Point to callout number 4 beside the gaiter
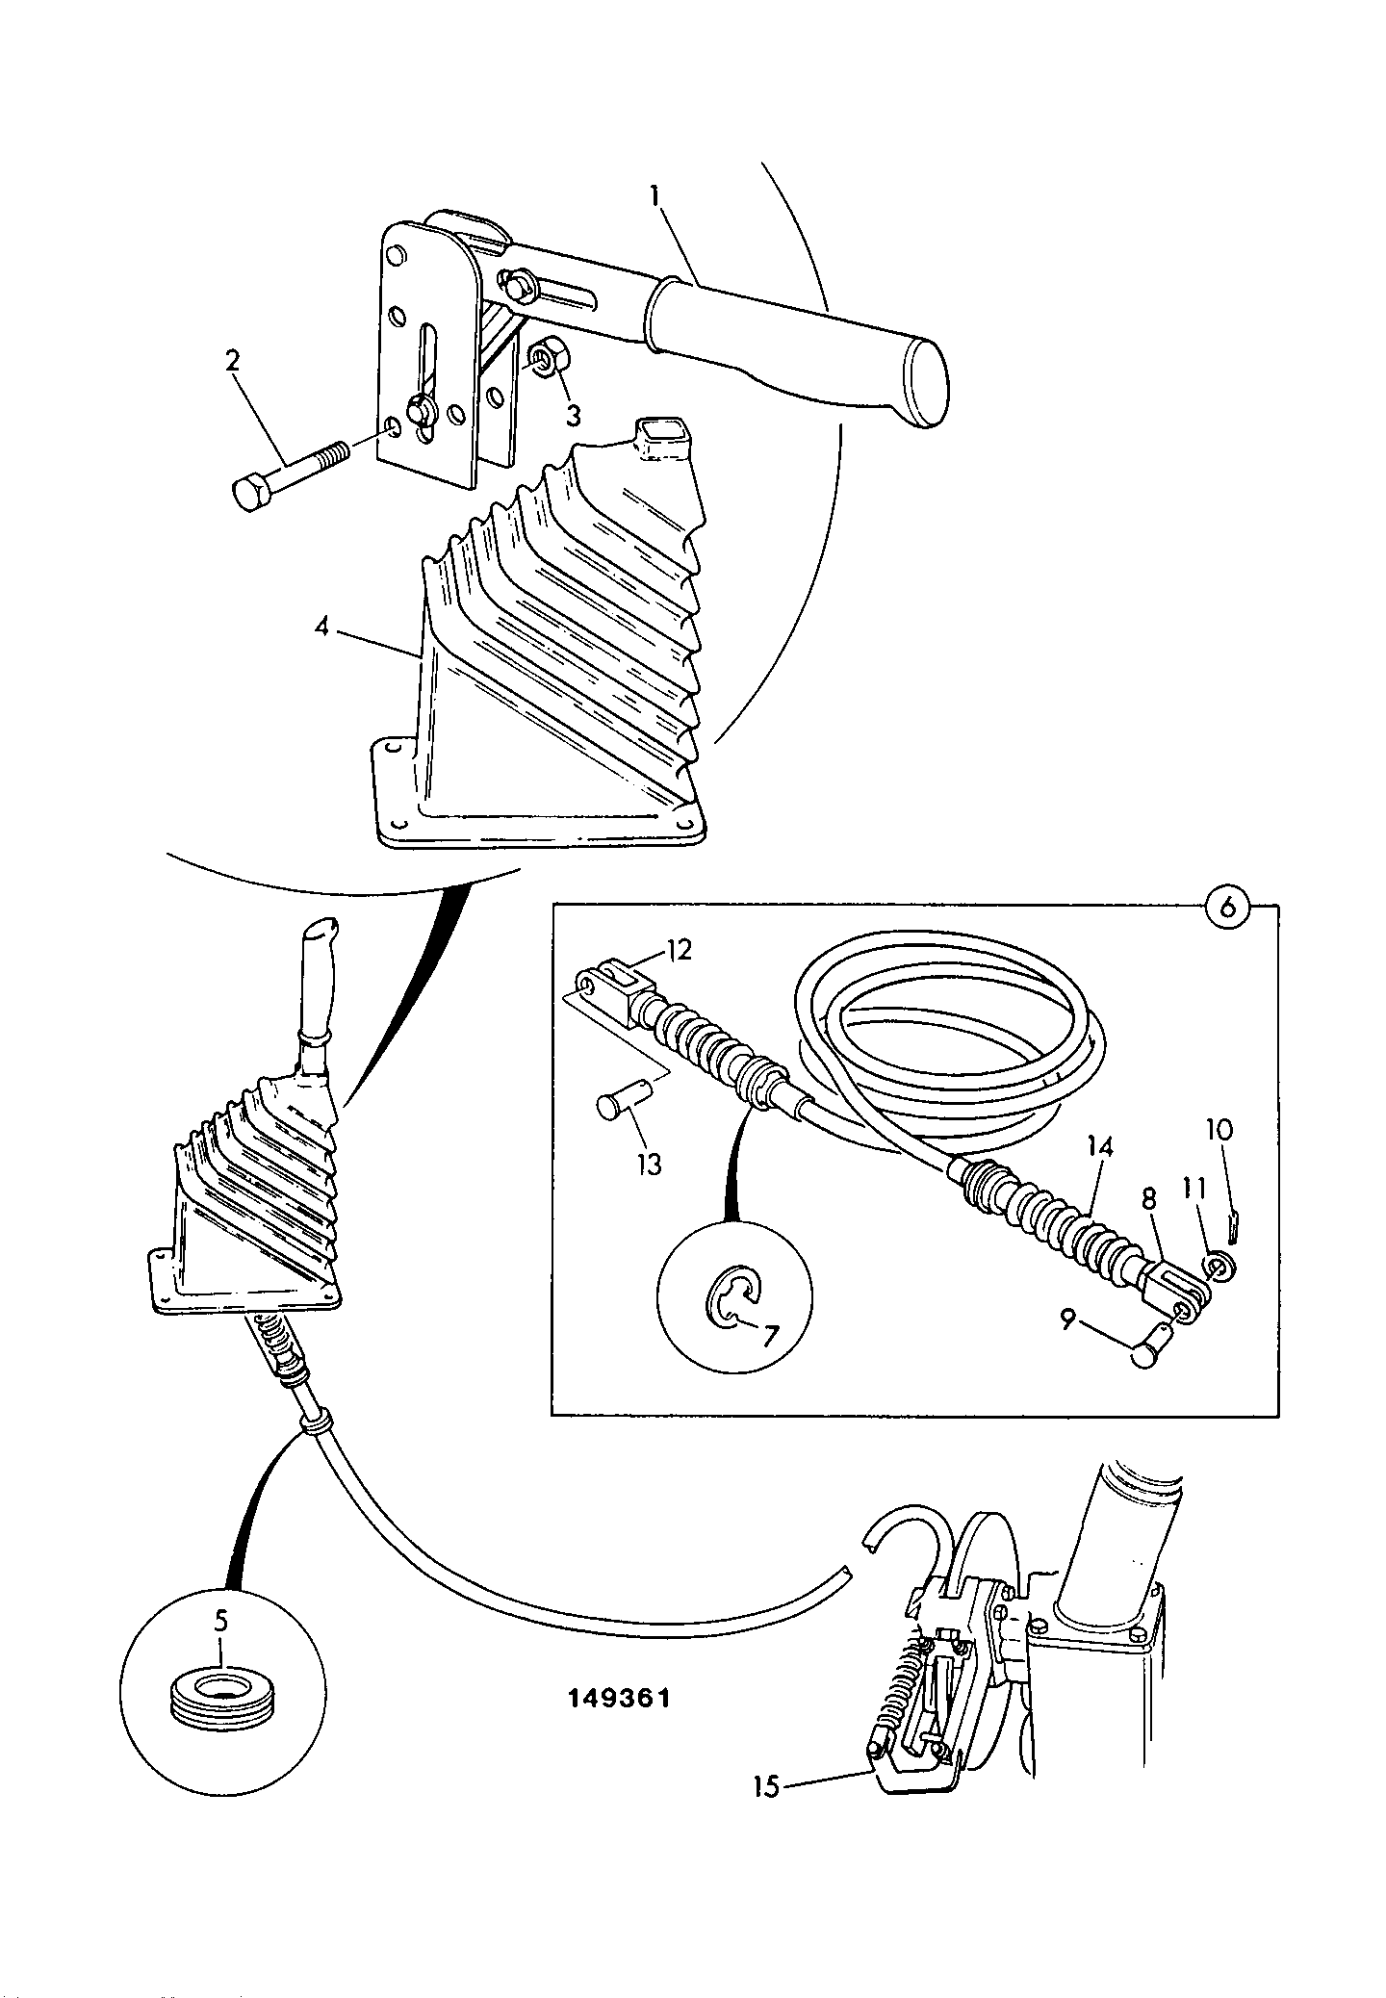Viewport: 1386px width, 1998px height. [x=321, y=628]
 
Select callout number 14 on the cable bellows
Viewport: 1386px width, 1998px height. [x=1100, y=1146]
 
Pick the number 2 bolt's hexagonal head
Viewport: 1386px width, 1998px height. [x=250, y=494]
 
